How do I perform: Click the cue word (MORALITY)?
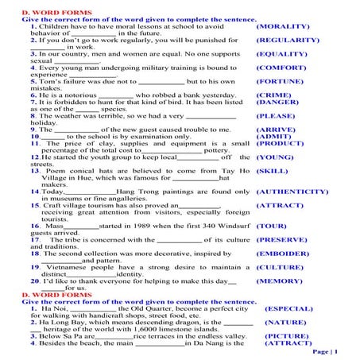pyautogui.click(x=283, y=26)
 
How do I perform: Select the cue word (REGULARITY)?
pyautogui.click(x=288, y=40)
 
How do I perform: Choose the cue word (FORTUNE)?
pyautogui.click(x=282, y=81)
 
